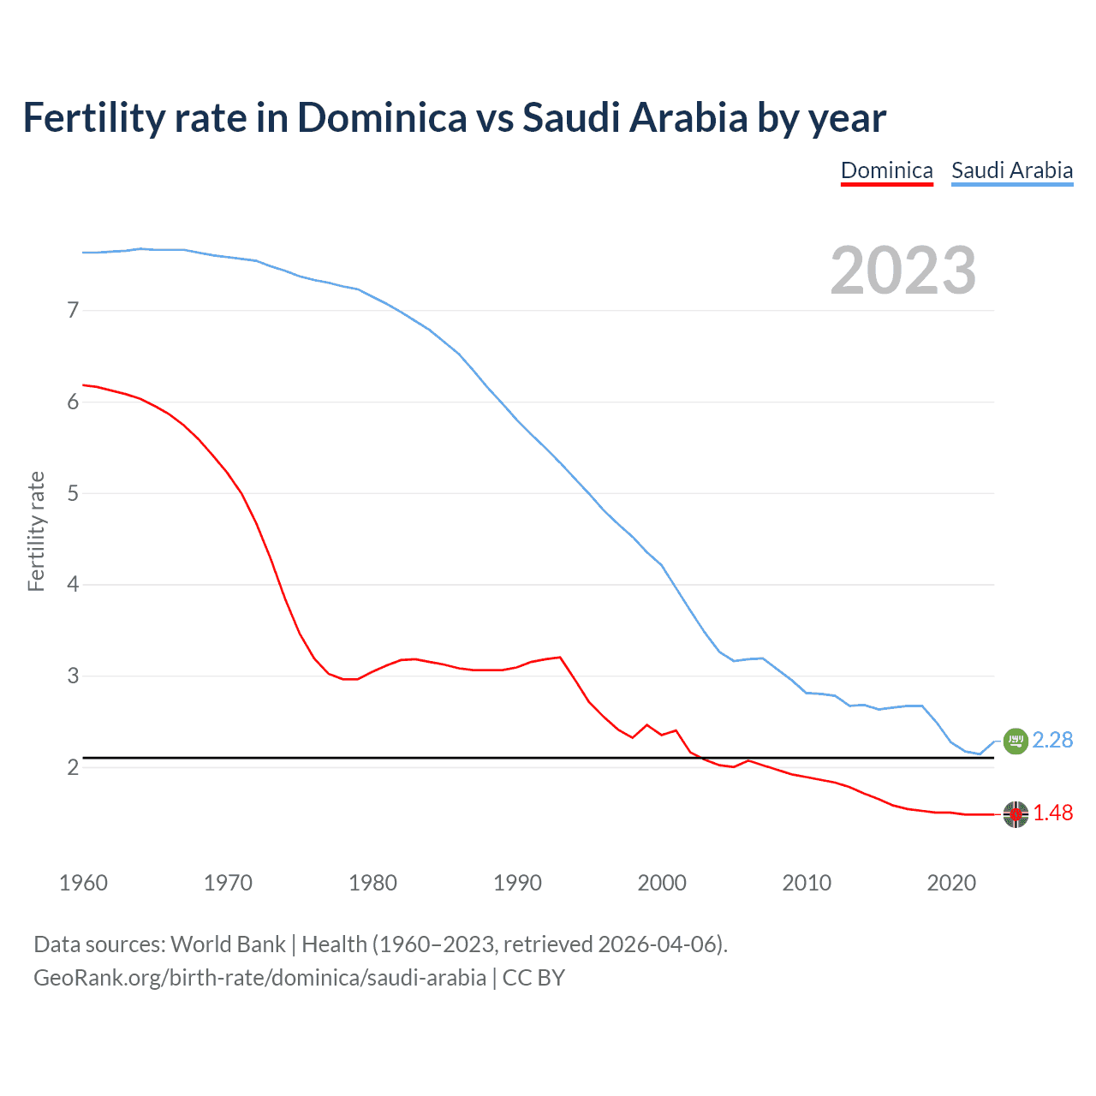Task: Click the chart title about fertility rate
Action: (x=454, y=118)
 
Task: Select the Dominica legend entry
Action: (x=886, y=170)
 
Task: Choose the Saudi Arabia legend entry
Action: (x=1011, y=170)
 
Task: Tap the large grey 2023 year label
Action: (x=902, y=271)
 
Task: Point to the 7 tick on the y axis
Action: (x=73, y=310)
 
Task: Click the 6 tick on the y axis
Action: (x=73, y=402)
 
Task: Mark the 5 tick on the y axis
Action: (x=73, y=493)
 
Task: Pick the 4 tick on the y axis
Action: (x=73, y=585)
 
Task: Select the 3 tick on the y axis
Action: (x=73, y=676)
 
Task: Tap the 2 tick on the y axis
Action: (x=73, y=767)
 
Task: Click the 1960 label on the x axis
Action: (x=83, y=883)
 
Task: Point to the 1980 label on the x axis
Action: (x=372, y=883)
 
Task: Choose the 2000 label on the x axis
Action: (x=662, y=883)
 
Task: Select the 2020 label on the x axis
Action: (x=951, y=883)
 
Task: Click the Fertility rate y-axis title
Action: (x=36, y=531)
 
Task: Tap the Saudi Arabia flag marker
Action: (x=1015, y=741)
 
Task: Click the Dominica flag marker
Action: (x=1016, y=813)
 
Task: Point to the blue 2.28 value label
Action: (x=1052, y=740)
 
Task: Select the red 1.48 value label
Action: (x=1052, y=813)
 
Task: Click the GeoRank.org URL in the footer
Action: (x=259, y=978)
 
